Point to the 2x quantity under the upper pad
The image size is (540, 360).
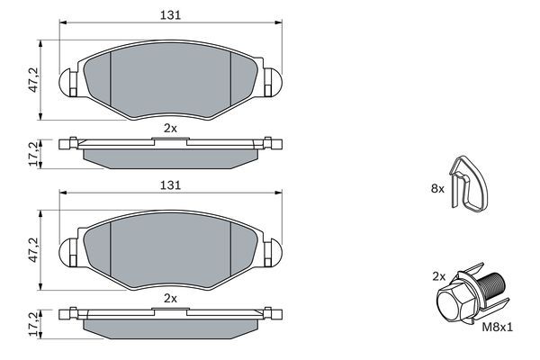point(170,129)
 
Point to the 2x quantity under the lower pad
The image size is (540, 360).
point(170,298)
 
